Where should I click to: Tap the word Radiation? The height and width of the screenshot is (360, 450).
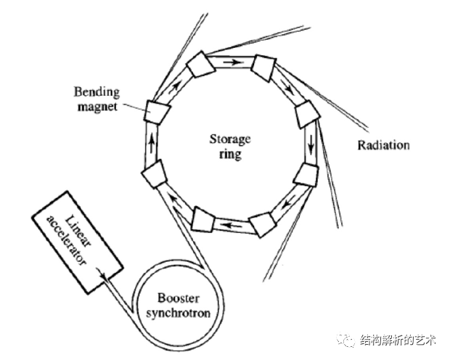point(383,145)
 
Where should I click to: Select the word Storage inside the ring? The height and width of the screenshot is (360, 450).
point(229,139)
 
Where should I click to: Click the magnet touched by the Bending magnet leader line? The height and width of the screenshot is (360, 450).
point(155,110)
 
